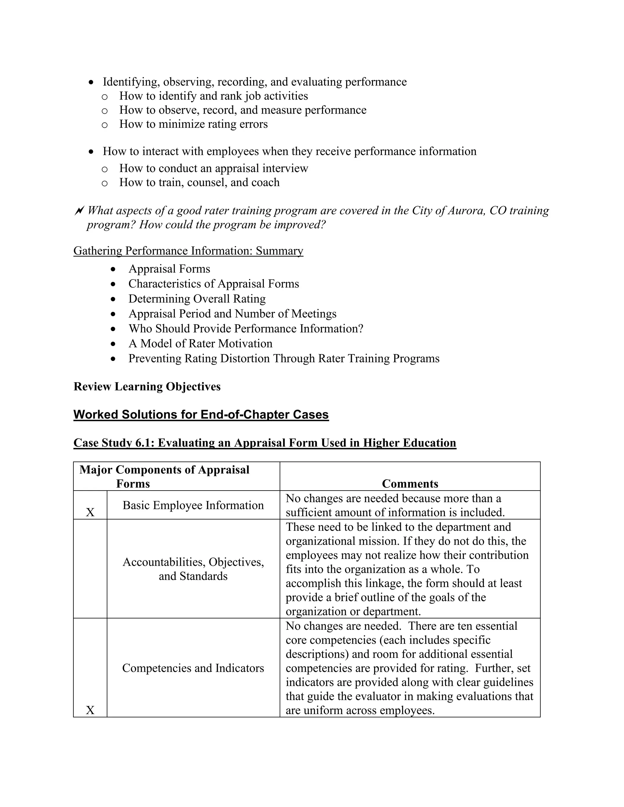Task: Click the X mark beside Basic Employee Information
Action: click(x=90, y=513)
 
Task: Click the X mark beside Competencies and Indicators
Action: click(x=90, y=710)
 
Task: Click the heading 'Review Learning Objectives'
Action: click(x=147, y=386)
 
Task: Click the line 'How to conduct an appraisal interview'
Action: click(x=213, y=168)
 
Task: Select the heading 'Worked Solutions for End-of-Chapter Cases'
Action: click(x=201, y=414)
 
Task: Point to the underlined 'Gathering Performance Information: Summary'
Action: click(x=188, y=251)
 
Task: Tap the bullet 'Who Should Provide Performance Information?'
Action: click(x=246, y=329)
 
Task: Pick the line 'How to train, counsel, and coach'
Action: click(x=199, y=182)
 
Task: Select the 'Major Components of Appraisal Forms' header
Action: click(x=164, y=477)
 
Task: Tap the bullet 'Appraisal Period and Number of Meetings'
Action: click(x=232, y=314)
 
